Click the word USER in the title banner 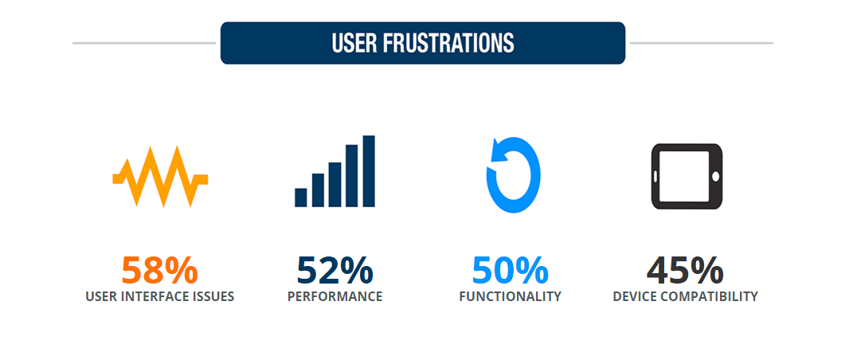[x=352, y=43]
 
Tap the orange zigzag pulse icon [x=160, y=176]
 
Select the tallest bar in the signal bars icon [x=369, y=171]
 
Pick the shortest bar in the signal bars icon [x=301, y=197]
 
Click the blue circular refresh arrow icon [x=514, y=175]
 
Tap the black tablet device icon [x=687, y=176]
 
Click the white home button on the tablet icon [x=715, y=176]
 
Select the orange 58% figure [x=159, y=271]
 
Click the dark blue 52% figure [x=335, y=271]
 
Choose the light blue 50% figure [x=510, y=271]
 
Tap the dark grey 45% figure [x=685, y=271]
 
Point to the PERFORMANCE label [x=335, y=297]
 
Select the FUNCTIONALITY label [x=510, y=297]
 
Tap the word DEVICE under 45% [x=633, y=297]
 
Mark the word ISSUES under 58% [x=213, y=297]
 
